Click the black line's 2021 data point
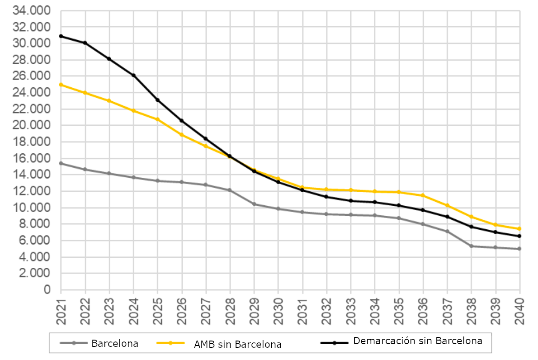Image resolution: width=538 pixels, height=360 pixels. point(61,36)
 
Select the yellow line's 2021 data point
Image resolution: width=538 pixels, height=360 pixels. point(61,85)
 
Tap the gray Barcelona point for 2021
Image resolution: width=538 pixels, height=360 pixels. point(61,163)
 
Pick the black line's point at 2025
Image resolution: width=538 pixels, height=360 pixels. point(157,99)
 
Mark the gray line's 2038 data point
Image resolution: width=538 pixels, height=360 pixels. point(471,246)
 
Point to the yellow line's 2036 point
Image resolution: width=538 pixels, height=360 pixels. point(423,195)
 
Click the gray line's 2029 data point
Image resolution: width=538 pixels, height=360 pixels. point(254,204)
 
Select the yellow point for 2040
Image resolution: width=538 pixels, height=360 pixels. point(519,229)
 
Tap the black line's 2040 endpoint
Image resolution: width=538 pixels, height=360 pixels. point(519,236)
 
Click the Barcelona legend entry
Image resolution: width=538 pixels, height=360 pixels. point(114,343)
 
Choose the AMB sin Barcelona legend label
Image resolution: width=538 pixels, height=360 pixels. point(237,344)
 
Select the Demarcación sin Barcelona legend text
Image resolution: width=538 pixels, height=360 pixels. point(417,341)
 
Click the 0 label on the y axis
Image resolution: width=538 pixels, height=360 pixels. point(47,290)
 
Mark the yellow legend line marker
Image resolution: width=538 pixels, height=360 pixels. point(170,343)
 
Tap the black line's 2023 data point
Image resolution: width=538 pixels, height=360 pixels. point(109,59)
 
